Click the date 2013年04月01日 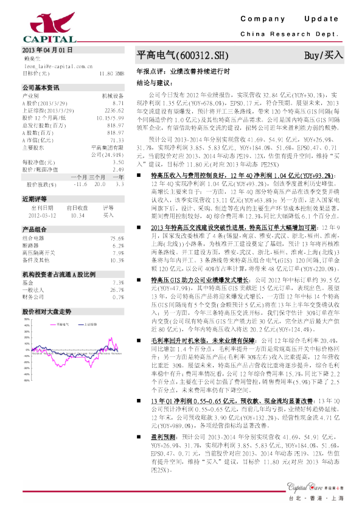point(47,49)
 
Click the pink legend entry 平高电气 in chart point(62,325)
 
